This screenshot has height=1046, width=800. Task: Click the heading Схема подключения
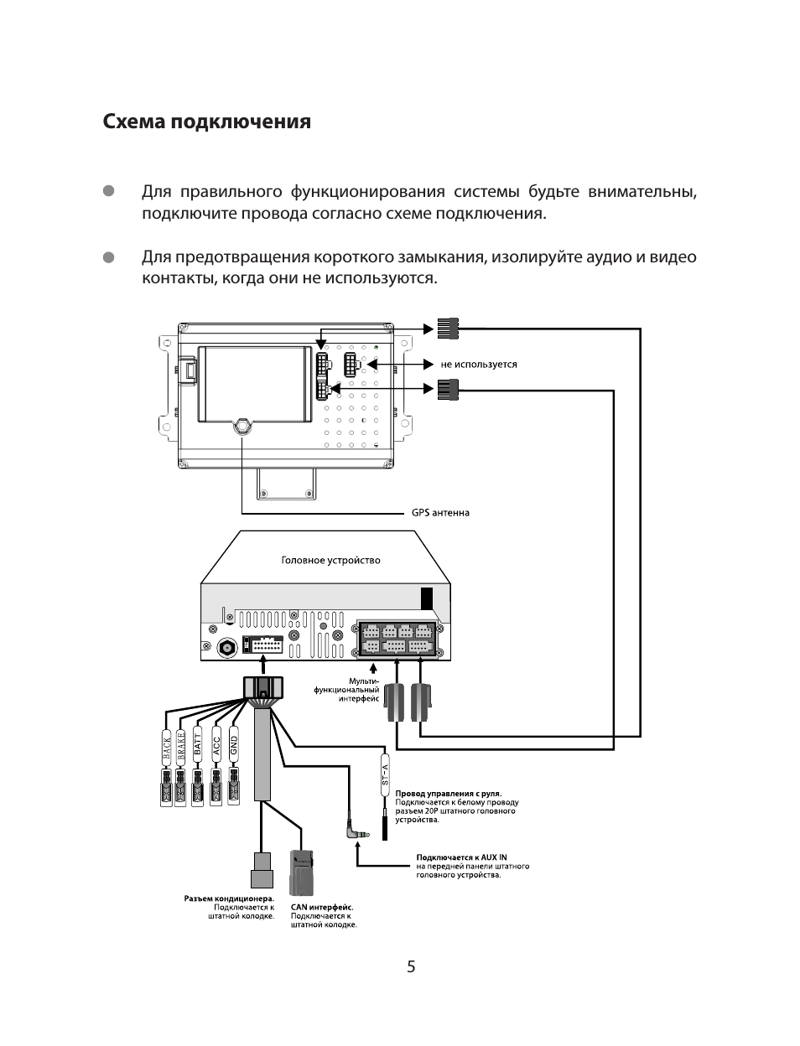point(206,122)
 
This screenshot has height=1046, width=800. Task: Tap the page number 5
point(411,966)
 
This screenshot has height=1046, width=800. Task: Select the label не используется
point(479,365)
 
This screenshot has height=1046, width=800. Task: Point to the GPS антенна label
point(440,513)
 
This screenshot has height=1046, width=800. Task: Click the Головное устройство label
point(330,560)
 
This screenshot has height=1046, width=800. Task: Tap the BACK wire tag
point(167,744)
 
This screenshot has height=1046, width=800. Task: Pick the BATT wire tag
point(198,744)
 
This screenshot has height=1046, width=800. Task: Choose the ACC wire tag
point(216,744)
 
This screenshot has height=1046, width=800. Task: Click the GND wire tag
point(234,744)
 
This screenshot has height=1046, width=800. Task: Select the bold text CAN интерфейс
point(322,907)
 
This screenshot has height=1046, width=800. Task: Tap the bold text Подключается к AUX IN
point(461,857)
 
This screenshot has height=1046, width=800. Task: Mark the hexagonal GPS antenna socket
point(242,425)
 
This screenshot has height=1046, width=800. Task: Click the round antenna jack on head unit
point(226,648)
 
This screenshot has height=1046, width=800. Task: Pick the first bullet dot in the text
point(108,192)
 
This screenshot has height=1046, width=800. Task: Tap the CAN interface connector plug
point(301,873)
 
